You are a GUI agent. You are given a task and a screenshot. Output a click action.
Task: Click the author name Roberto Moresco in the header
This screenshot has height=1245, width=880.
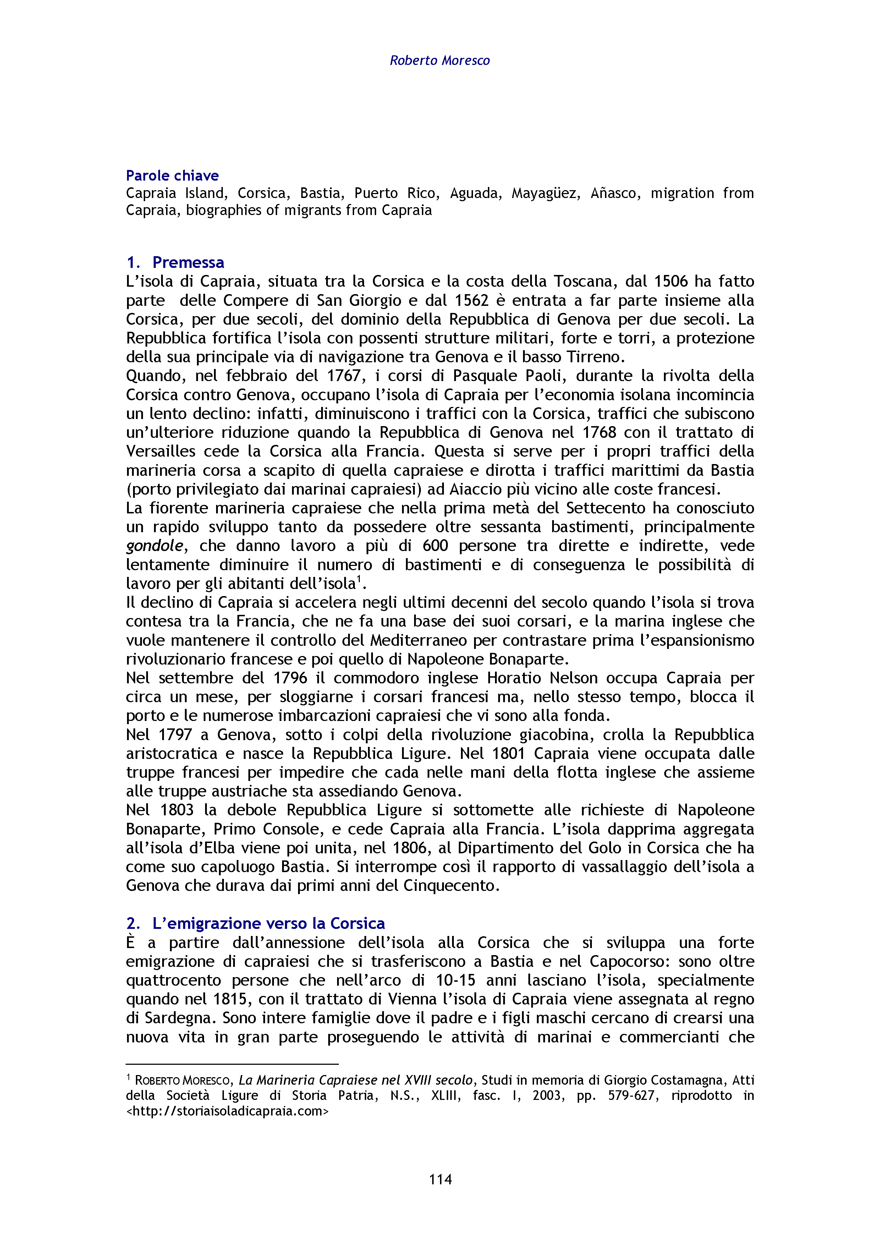click(x=439, y=60)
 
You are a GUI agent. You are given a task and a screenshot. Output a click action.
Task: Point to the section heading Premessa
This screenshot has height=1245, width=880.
click(x=188, y=263)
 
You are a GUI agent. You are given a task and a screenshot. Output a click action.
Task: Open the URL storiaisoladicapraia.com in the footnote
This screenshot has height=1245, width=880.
click(x=228, y=1111)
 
